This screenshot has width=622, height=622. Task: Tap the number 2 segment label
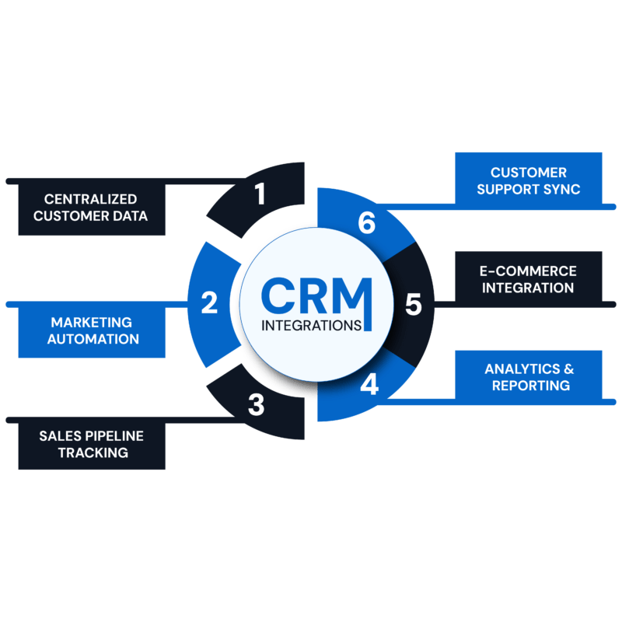point(209,302)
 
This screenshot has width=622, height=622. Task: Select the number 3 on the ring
point(256,405)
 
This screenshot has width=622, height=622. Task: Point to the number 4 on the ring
point(370,385)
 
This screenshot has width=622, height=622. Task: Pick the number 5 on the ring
point(413,304)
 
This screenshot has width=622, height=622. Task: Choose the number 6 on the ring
point(367,223)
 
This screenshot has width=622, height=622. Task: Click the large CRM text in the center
point(311,295)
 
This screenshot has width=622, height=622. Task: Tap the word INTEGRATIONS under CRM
point(311,325)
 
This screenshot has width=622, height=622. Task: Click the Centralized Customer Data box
point(92,208)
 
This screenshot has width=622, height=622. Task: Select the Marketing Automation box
point(92,330)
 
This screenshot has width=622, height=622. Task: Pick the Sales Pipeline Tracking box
point(92,443)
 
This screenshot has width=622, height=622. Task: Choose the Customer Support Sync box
point(529,180)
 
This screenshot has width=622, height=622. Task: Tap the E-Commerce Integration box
point(529,279)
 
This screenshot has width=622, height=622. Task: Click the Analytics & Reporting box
point(529,376)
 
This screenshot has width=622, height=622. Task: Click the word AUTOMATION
point(92,339)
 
